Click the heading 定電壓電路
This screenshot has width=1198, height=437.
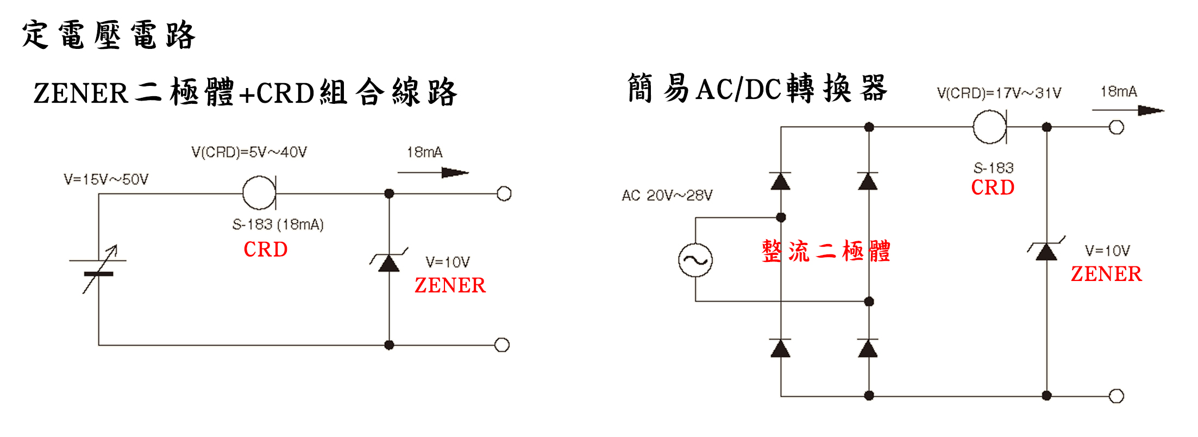coord(109,35)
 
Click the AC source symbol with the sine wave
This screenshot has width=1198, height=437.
coord(695,260)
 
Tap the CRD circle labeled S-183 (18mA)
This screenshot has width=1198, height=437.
coord(259,193)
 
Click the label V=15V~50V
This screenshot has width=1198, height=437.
coord(106,179)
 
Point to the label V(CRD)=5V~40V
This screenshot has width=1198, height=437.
coord(249,152)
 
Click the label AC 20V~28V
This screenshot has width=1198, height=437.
coord(667,196)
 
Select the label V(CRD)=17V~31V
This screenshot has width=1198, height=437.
coord(999,93)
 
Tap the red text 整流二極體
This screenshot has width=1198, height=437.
coord(826,252)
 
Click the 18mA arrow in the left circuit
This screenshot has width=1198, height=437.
coord(434,173)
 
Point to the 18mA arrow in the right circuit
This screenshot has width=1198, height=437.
coord(1128,110)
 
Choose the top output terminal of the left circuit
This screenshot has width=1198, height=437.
coord(504,193)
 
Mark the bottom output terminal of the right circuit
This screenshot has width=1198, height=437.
coord(1116,396)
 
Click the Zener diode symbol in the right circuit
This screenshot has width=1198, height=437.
coord(1046,251)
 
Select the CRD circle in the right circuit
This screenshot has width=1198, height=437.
coord(989,127)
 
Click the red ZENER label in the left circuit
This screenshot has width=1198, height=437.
coord(450,285)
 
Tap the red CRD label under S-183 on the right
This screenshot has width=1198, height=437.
coord(993,188)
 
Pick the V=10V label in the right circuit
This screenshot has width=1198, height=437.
coord(1107,251)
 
